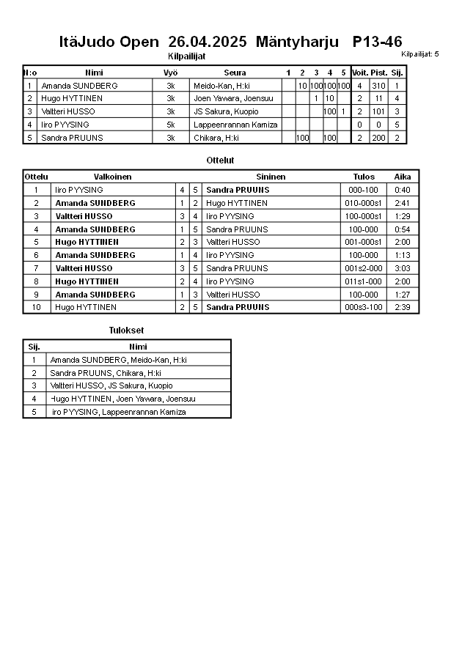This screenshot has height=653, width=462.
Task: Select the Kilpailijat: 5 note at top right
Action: pyautogui.click(x=420, y=54)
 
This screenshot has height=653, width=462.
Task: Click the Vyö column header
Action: pyautogui.click(x=170, y=73)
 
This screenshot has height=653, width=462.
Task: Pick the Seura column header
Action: pyautogui.click(x=235, y=73)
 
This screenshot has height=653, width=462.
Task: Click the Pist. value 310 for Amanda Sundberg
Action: pyautogui.click(x=378, y=86)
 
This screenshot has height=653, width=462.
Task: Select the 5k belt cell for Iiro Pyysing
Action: pyautogui.click(x=170, y=125)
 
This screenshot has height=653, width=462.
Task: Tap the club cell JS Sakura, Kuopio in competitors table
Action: pyautogui.click(x=226, y=111)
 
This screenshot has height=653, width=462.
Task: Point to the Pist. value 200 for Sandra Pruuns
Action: pyautogui.click(x=378, y=138)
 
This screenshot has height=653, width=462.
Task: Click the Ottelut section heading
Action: pyautogui.click(x=221, y=160)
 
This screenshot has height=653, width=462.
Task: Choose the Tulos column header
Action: pyautogui.click(x=364, y=177)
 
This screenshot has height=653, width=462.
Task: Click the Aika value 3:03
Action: pyautogui.click(x=403, y=268)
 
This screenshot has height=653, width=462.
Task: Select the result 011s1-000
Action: pyautogui.click(x=364, y=281)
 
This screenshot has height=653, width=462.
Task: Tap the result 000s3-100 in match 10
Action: pyautogui.click(x=364, y=307)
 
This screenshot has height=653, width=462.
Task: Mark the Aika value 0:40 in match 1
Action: pyautogui.click(x=403, y=190)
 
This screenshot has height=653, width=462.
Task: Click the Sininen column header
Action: pyautogui.click(x=271, y=177)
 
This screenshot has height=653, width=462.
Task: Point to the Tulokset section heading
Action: pyautogui.click(x=127, y=331)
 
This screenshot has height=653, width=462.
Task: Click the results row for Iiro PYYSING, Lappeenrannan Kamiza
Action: pyautogui.click(x=117, y=412)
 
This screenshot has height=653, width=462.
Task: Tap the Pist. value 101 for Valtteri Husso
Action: pyautogui.click(x=378, y=111)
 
